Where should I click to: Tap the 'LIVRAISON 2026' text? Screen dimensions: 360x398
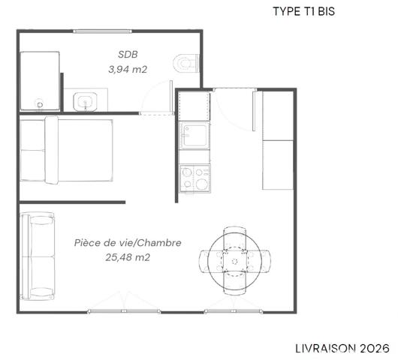[x=341, y=348]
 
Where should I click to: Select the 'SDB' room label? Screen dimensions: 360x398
[x=128, y=54]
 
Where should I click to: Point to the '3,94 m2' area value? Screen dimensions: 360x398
[x=128, y=68]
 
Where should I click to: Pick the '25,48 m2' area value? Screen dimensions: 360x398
[x=128, y=257]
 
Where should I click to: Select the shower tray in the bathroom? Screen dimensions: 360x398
[x=39, y=80]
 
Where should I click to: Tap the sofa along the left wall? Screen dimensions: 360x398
[x=38, y=255]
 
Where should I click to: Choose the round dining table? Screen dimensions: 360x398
[x=234, y=259]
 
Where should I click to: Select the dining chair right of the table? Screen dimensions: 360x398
[x=262, y=260]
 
